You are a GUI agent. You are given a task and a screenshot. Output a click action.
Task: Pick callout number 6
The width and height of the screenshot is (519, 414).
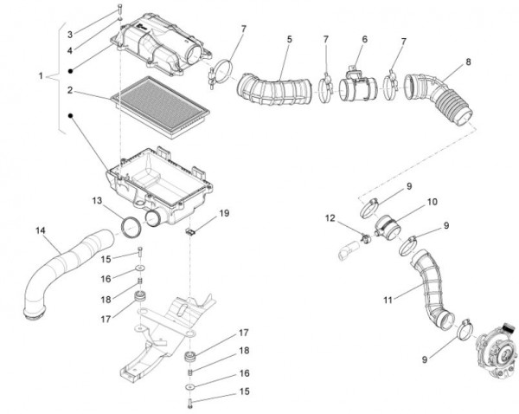coord(365,39)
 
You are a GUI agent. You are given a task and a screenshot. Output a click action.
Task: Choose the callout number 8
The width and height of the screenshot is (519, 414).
coord(468,62)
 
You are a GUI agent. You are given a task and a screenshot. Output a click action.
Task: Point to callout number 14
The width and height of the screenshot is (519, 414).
coord(41,230)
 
